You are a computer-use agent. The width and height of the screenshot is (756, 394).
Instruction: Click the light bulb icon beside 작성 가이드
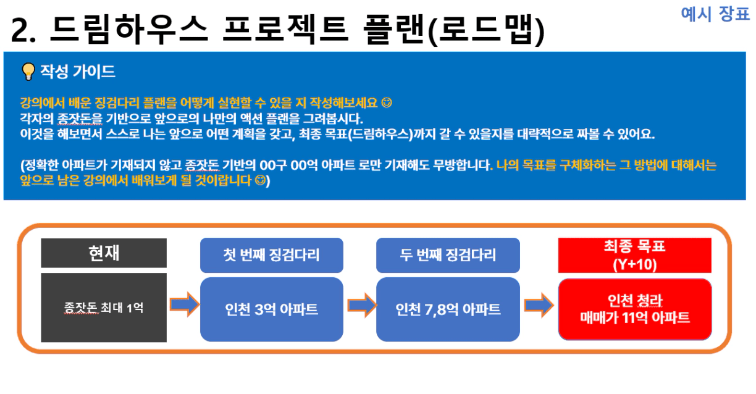point(28,72)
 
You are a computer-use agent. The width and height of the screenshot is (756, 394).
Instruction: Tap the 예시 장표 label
point(715,14)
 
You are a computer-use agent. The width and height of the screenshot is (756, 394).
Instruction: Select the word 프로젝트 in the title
point(285,30)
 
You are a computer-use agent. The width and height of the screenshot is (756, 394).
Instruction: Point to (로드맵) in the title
point(485,30)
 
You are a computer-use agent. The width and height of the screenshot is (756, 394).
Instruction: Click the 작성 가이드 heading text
point(78,72)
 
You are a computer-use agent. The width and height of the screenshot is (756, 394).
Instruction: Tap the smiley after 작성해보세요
point(387,103)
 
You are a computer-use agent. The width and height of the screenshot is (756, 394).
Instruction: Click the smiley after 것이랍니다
point(260,180)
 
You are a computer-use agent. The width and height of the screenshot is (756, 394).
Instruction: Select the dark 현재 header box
point(104,253)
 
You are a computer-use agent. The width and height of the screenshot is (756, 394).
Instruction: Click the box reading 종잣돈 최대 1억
point(104,308)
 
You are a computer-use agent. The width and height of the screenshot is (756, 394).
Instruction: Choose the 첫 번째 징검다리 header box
point(272,255)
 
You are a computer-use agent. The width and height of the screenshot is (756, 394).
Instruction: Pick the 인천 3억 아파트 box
point(272,309)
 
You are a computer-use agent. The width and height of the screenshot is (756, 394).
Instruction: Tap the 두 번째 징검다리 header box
point(448,255)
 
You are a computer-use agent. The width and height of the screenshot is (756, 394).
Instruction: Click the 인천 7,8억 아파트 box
point(448,309)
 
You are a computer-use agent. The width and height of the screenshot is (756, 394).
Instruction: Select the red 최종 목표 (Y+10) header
point(634,255)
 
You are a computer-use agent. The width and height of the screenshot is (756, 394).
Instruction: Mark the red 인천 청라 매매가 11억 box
point(635,309)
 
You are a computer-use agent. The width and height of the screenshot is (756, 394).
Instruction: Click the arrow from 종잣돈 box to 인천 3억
point(184,304)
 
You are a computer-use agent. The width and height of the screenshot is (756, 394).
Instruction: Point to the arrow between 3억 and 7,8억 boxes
point(362,305)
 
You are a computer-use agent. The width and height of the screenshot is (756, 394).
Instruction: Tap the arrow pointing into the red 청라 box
point(539,305)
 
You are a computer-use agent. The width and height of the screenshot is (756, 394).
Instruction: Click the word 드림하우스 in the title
point(129,30)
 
